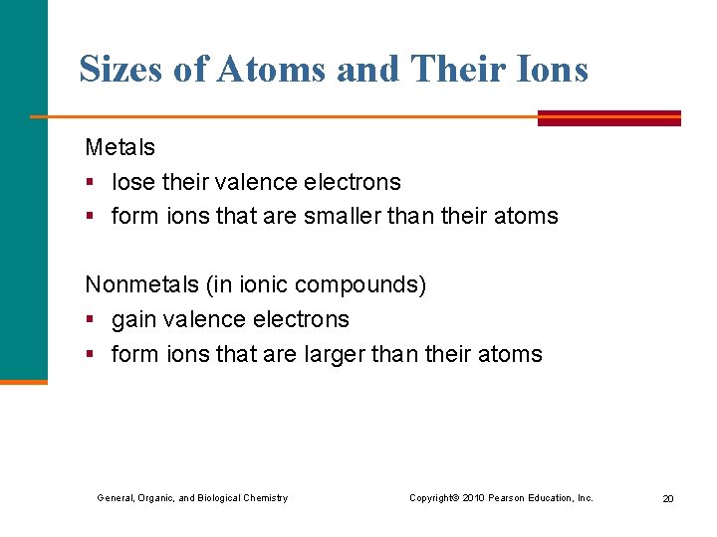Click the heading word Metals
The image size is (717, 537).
119,147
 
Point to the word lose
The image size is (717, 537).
129,182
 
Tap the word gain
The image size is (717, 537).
131,319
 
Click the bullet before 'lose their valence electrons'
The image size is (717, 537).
90,183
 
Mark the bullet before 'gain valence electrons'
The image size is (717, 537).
90,320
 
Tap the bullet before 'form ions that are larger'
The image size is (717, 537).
90,355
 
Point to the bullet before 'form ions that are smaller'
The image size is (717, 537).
90,217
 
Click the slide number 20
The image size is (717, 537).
668,498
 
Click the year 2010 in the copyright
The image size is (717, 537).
473,498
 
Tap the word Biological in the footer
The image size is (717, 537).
220,498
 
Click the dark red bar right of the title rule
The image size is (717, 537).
608,117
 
